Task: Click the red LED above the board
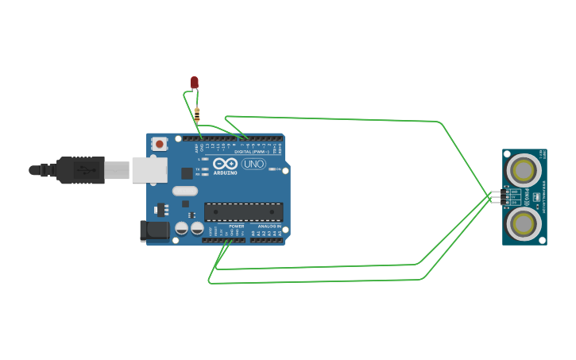coord(194,83)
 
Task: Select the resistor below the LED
coord(197,114)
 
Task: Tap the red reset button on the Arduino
coord(160,144)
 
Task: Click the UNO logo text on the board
coord(253,165)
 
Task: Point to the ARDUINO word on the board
coord(225,172)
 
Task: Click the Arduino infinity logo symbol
coord(225,164)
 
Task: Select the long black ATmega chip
coord(243,211)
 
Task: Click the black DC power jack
coord(154,230)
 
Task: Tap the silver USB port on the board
coord(149,170)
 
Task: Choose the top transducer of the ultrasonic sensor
coord(524,169)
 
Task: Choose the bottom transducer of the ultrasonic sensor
coord(524,223)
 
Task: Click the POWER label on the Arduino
coord(236,226)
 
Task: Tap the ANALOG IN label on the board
coord(268,226)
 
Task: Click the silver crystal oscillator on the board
coord(184,191)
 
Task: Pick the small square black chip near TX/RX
coord(187,172)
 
